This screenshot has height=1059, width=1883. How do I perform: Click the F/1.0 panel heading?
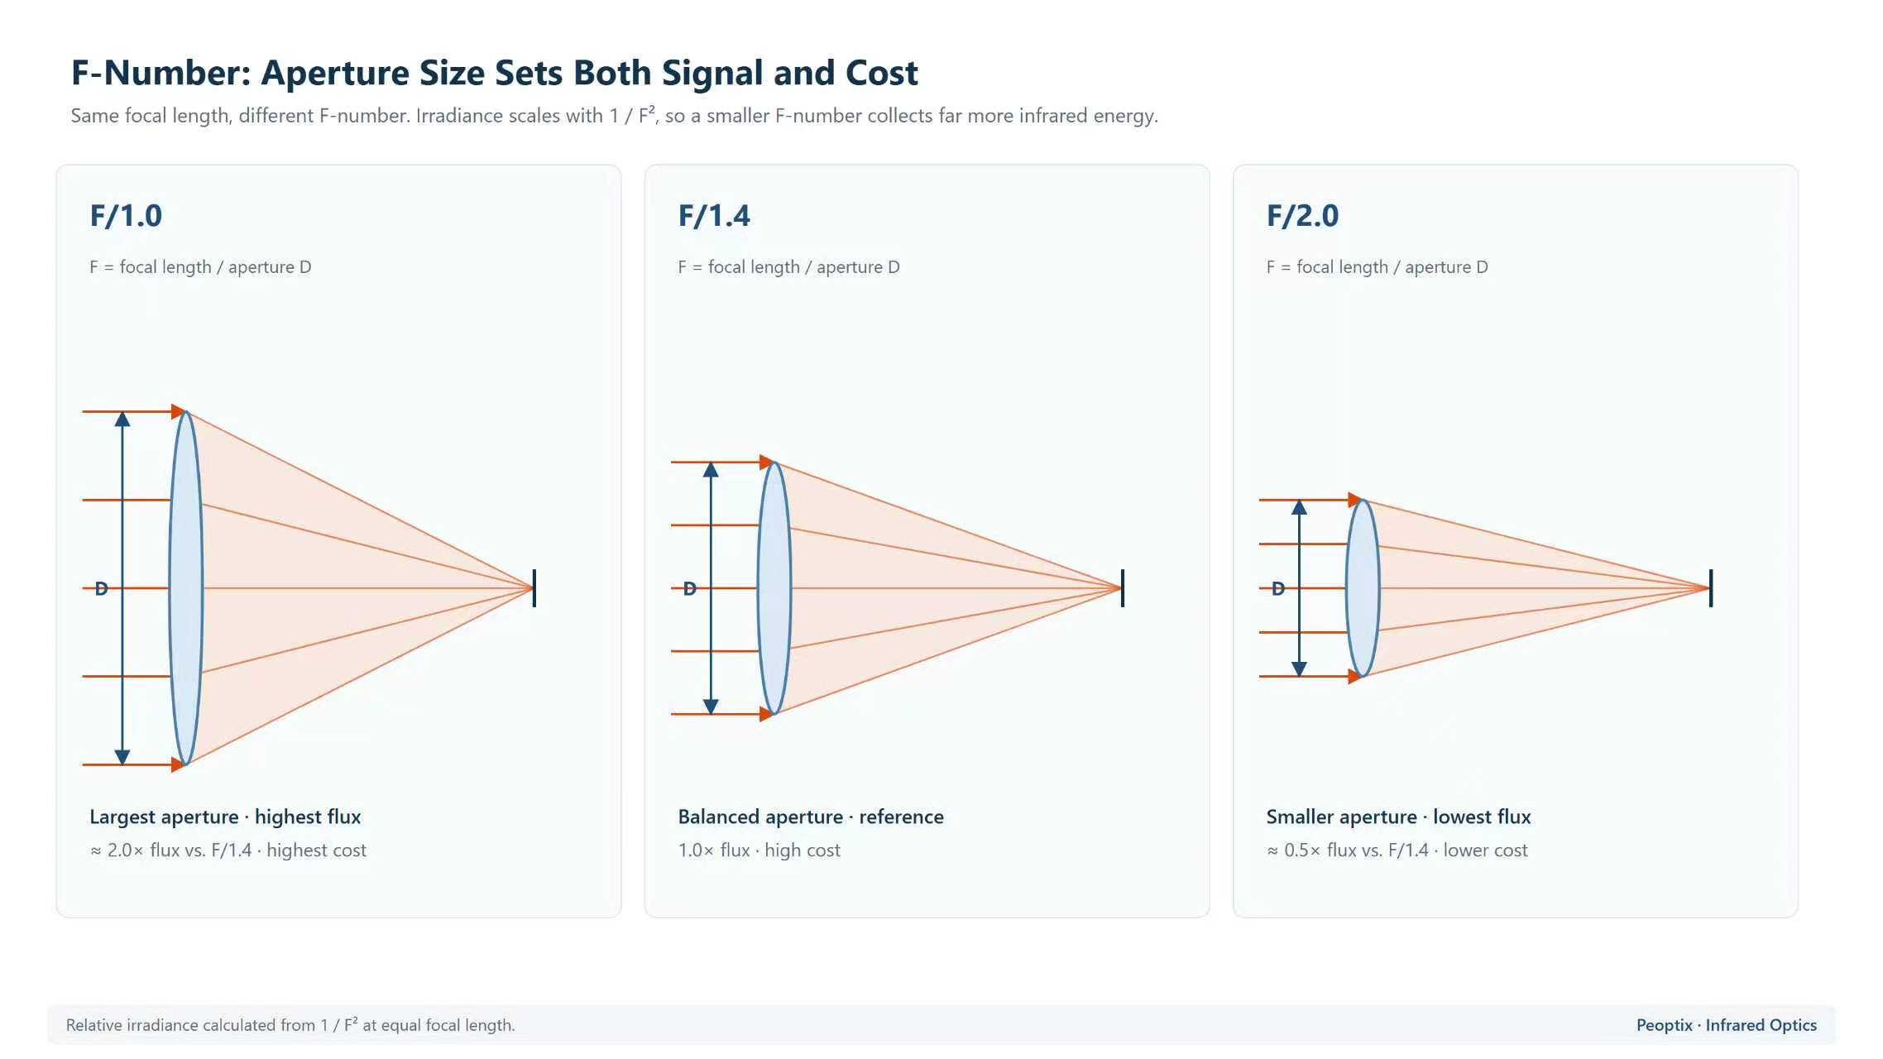pos(126,216)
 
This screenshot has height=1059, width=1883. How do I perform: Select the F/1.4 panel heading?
pos(714,216)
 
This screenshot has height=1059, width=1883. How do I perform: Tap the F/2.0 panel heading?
pos(1302,216)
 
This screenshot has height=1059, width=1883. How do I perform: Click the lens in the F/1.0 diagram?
pos(186,588)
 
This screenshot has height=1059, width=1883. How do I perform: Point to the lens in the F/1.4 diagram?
pos(774,588)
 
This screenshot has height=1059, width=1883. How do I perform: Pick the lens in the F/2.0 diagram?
pos(1363,588)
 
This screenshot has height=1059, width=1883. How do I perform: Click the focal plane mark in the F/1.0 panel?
pos(534,588)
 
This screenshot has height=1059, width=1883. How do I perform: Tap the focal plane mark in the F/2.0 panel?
pos(1711,588)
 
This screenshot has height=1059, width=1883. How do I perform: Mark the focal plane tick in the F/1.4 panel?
pos(1123,588)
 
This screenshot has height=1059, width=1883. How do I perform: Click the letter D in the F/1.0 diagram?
pos(101,589)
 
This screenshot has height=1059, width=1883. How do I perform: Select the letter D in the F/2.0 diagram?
pos(1278,589)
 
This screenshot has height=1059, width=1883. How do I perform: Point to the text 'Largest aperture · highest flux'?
pos(225,817)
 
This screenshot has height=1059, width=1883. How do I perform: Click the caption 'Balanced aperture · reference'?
pos(811,817)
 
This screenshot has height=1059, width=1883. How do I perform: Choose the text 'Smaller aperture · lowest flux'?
pos(1398,817)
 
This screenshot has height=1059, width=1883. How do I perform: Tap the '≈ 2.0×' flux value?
pos(117,851)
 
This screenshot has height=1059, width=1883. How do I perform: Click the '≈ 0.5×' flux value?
pos(1294,851)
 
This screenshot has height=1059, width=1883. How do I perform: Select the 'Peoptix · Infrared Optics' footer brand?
pos(1727,1025)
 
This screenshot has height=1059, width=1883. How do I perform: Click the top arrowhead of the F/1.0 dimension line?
pos(122,419)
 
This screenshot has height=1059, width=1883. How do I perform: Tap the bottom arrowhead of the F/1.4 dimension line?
pos(711,707)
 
